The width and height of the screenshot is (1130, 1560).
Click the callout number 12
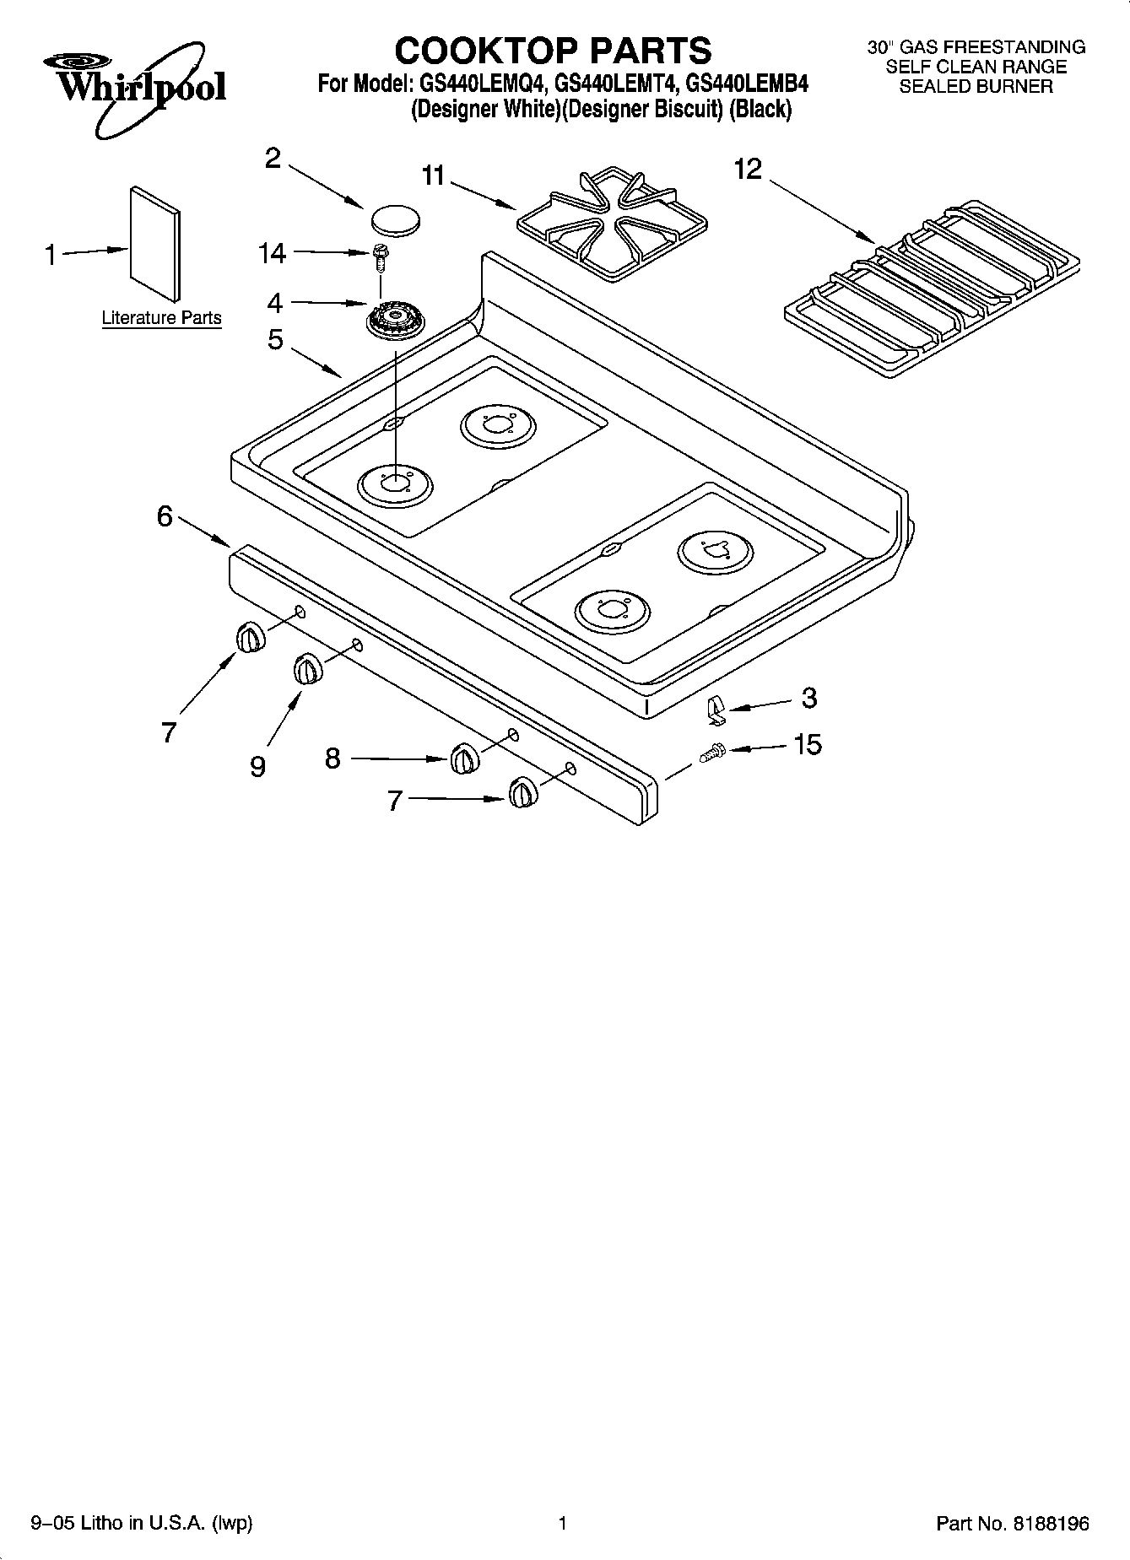(748, 170)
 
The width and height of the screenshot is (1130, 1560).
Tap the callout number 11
(433, 175)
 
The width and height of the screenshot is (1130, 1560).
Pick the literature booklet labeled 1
(154, 243)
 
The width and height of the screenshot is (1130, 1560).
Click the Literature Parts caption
(161, 318)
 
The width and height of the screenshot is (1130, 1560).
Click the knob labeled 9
(308, 670)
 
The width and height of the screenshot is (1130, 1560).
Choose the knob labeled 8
(463, 758)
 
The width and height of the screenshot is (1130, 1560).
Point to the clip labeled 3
(716, 710)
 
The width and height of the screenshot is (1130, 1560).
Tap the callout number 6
(165, 516)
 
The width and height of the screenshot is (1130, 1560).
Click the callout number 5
(275, 340)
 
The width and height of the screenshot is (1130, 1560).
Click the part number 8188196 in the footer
(1050, 1524)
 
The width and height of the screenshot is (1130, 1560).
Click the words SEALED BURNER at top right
(976, 86)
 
